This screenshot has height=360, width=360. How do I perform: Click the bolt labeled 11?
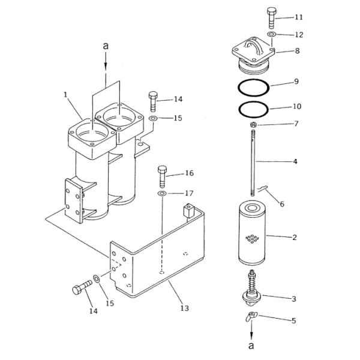[271, 18]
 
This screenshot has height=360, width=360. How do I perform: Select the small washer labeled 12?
[271, 34]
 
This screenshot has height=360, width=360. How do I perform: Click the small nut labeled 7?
[253, 125]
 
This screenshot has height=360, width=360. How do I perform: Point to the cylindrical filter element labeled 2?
[252, 234]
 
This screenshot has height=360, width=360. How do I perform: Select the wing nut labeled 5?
[251, 316]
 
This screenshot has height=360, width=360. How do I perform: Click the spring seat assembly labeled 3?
[252, 289]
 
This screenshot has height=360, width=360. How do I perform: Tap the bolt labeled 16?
[163, 176]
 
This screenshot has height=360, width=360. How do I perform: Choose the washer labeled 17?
[163, 194]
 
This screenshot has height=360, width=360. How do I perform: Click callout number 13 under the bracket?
[184, 308]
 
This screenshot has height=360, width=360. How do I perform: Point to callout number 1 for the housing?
[66, 95]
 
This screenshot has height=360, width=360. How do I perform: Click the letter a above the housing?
[106, 46]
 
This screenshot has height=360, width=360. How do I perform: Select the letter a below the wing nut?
[251, 346]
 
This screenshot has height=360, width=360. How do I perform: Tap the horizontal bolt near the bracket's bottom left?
[82, 287]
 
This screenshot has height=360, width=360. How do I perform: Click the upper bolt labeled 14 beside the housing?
[153, 101]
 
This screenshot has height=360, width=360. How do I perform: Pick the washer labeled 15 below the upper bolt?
[153, 118]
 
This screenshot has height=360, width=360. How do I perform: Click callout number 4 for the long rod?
[295, 161]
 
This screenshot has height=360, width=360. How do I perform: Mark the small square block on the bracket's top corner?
[189, 211]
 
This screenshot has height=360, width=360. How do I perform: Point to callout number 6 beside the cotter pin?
[282, 203]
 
